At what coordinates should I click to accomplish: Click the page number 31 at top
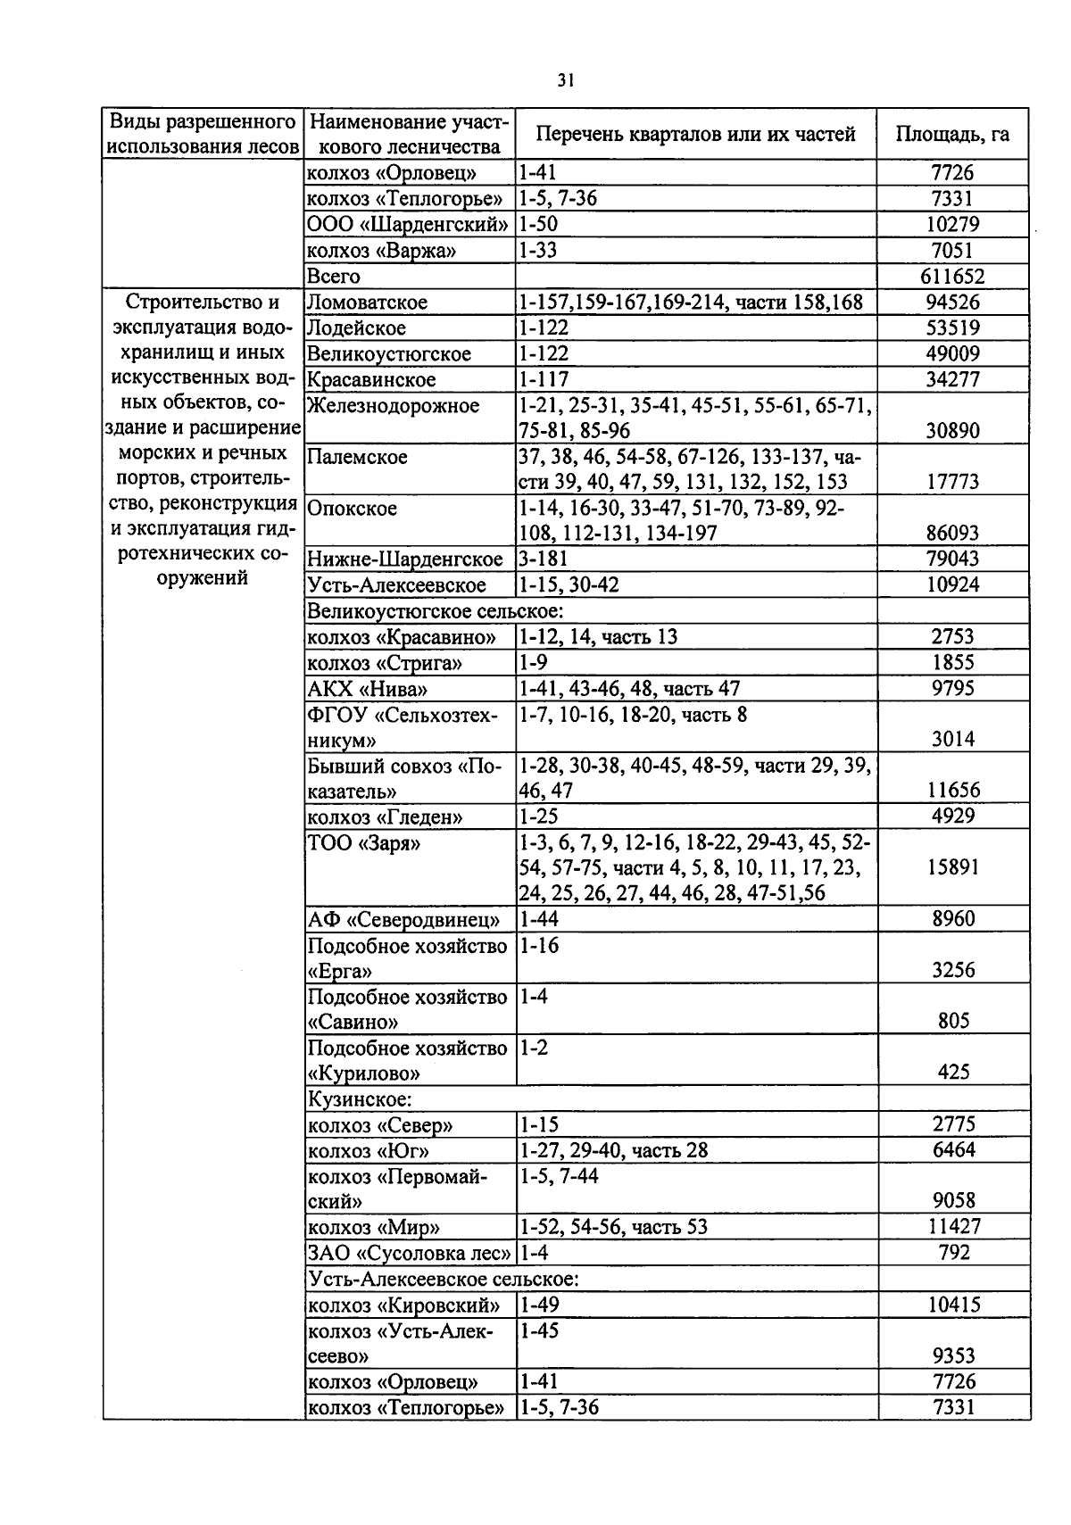[564, 81]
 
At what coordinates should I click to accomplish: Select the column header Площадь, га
[952, 135]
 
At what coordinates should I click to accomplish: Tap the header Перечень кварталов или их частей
[695, 135]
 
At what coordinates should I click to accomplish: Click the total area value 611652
[953, 277]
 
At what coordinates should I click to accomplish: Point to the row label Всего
[334, 277]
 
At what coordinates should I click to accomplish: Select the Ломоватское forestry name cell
[367, 303]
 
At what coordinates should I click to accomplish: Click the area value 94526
[953, 303]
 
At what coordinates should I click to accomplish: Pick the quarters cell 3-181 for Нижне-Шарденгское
[544, 559]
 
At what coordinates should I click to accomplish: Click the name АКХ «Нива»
[367, 689]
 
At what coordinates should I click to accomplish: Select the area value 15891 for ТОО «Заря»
[953, 867]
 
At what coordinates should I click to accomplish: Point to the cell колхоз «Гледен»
[385, 817]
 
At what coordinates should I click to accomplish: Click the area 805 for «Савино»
[953, 1021]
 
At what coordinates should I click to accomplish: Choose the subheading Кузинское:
[359, 1099]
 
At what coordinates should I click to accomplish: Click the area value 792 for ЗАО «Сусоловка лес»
[953, 1253]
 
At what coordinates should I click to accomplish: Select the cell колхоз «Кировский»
[403, 1305]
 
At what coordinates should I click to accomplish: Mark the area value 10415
[953, 1305]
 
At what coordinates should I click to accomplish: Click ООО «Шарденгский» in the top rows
[408, 225]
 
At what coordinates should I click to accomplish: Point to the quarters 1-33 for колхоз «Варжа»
[539, 251]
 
